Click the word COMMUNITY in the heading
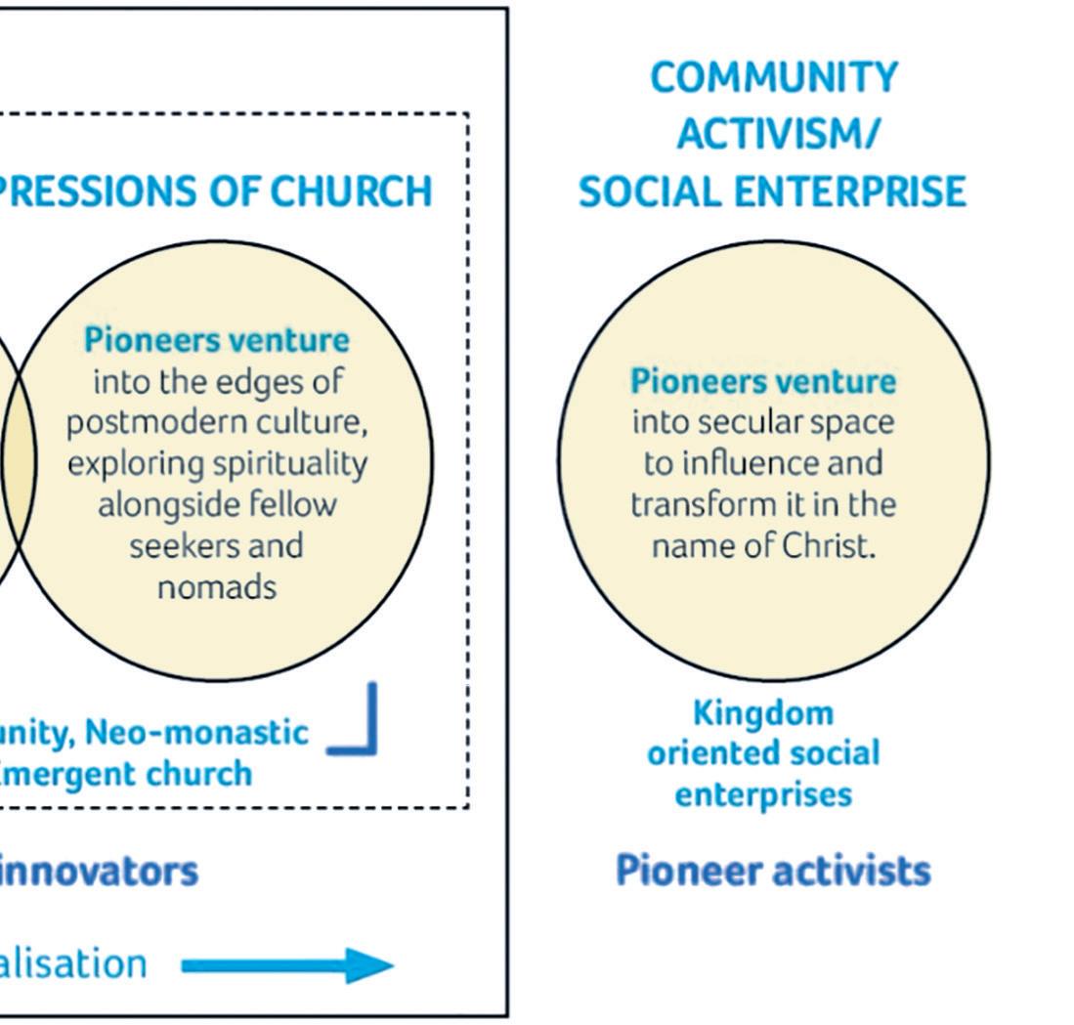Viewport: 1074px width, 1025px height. click(773, 78)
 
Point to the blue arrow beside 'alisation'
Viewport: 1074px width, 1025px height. click(288, 965)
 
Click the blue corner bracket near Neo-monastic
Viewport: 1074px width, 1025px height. click(356, 723)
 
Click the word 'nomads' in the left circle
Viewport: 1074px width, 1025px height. click(220, 586)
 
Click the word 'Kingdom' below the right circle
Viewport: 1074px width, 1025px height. click(763, 713)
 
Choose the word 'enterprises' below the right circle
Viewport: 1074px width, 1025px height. click(763, 794)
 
